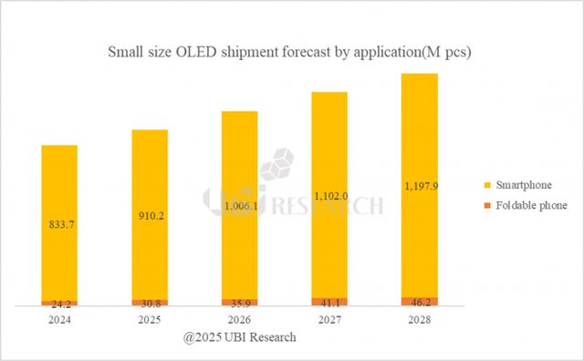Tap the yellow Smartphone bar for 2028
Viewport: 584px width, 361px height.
[x=419, y=137]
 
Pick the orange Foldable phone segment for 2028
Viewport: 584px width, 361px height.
[x=419, y=301]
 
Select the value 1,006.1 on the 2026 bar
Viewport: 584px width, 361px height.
[x=238, y=207]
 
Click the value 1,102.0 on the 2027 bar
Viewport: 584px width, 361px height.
[x=328, y=194]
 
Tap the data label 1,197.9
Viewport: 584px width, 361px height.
[x=419, y=186]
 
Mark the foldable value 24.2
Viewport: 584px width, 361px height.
[x=59, y=304]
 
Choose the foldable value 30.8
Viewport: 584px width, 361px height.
[x=149, y=303]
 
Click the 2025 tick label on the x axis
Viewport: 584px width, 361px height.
[x=149, y=320]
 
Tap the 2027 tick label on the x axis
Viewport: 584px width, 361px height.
[x=328, y=320]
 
